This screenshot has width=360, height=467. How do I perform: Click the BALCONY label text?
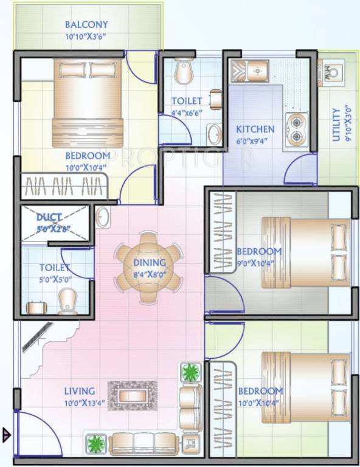click(x=86, y=24)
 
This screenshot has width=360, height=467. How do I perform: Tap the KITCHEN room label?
click(x=255, y=130)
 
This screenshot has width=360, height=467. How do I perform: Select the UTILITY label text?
click(x=336, y=125)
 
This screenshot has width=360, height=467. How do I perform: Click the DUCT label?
click(x=49, y=218)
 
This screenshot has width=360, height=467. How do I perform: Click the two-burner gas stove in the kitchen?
click(x=296, y=130)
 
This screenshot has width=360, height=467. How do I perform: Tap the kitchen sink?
click(x=250, y=71)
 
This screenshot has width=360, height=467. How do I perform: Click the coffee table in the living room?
click(x=133, y=396)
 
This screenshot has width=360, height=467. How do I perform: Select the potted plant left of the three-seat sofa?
click(x=96, y=444)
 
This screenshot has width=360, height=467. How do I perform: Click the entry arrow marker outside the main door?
click(x=7, y=435)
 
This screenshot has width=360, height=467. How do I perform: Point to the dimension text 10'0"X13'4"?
click(x=85, y=403)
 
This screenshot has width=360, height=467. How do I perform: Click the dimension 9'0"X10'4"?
click(x=256, y=263)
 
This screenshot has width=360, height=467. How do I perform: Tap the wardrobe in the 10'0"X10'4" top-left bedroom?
click(x=64, y=186)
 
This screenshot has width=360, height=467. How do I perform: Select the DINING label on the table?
click(x=150, y=263)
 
